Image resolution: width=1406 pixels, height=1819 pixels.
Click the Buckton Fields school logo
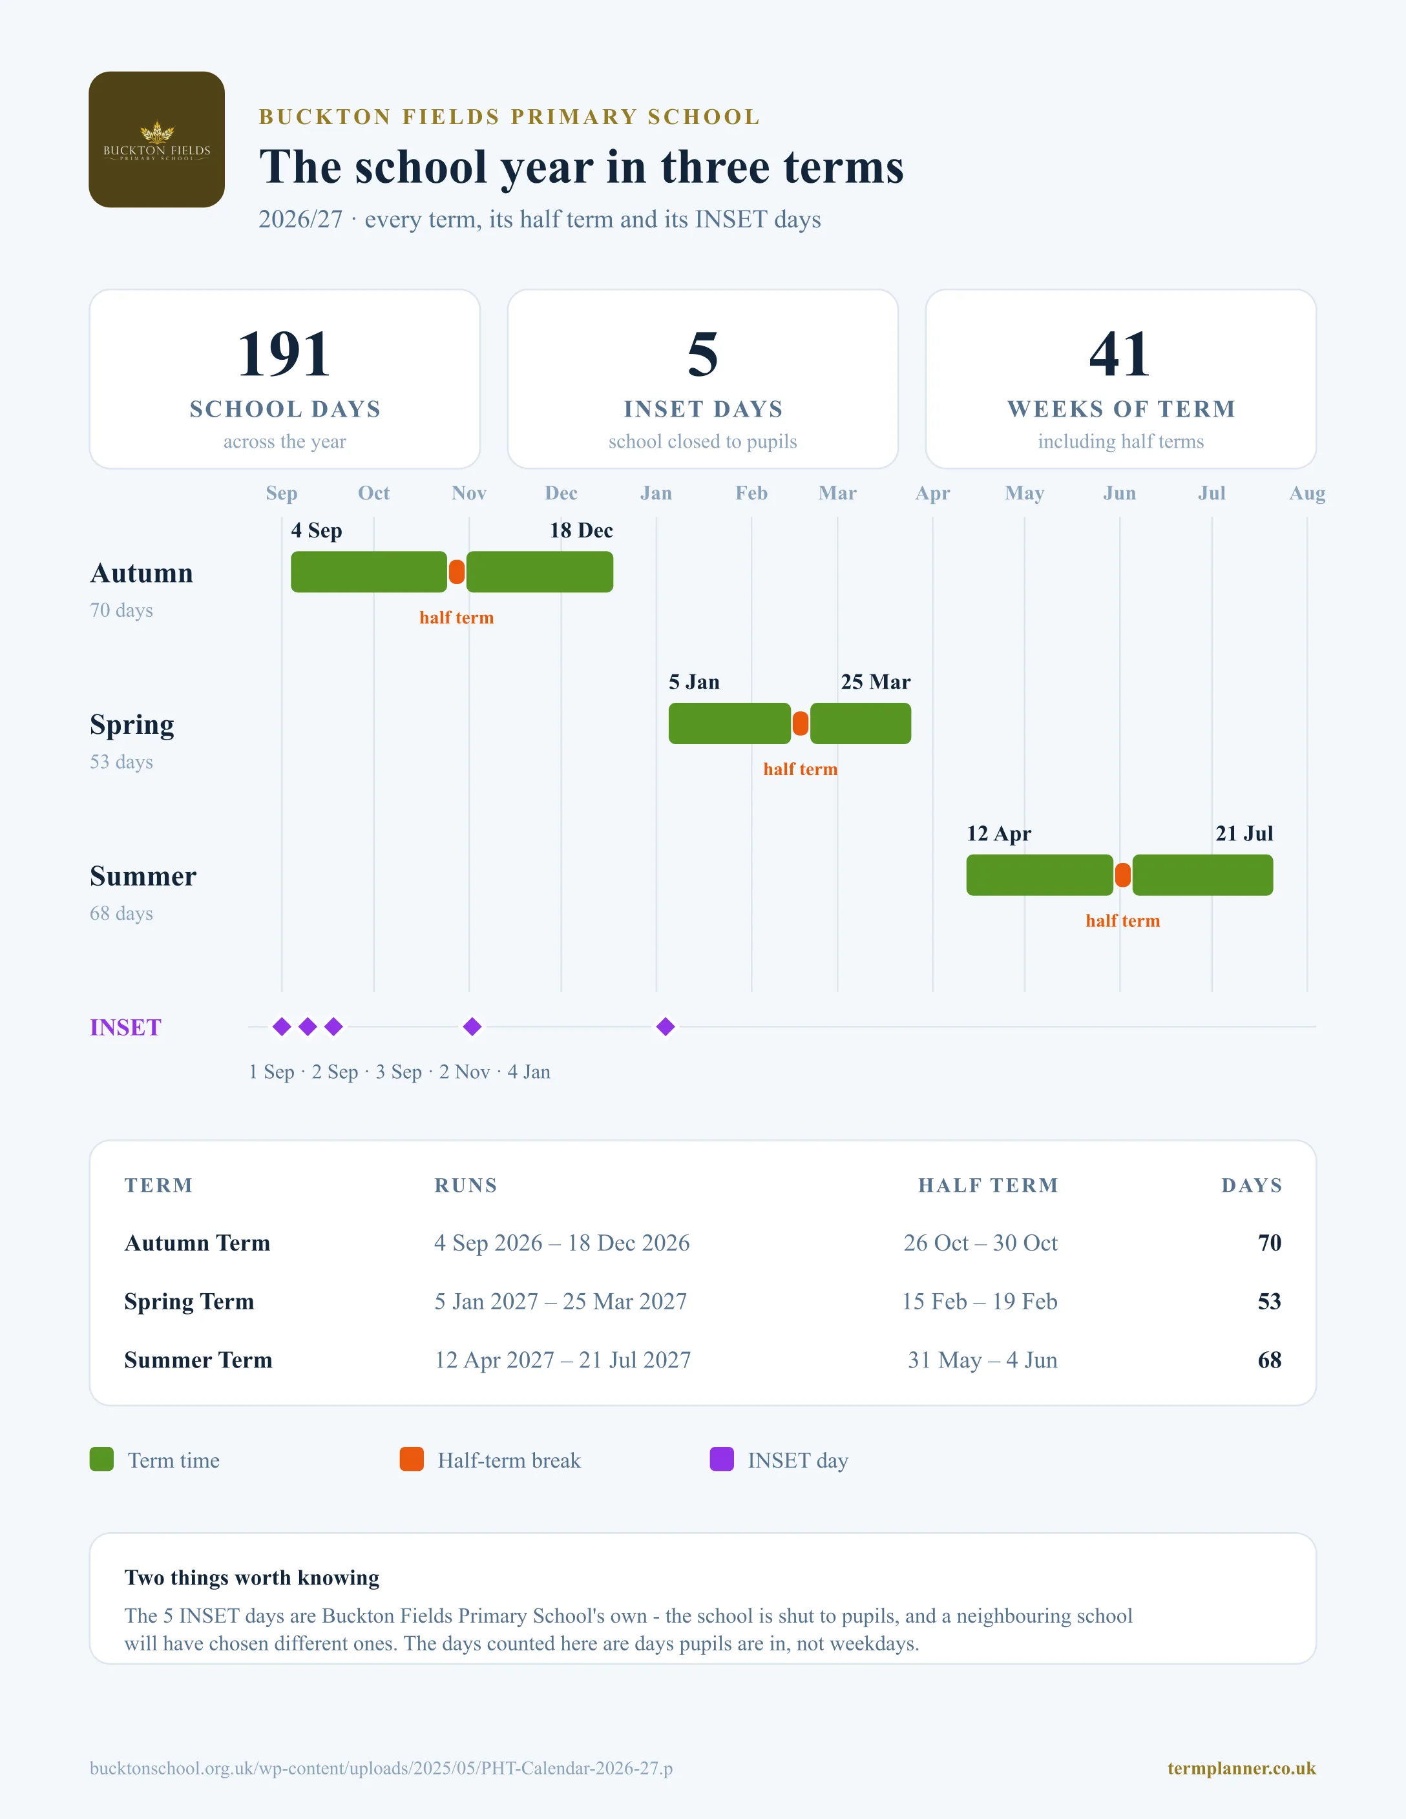156,139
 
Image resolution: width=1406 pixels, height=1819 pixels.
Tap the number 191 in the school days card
284,354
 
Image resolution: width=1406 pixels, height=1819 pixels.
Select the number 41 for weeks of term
1120,354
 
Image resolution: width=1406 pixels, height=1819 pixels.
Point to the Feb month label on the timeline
751,493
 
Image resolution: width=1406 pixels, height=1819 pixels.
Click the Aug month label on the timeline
1307,493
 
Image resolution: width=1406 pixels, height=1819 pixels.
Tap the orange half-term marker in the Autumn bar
456,572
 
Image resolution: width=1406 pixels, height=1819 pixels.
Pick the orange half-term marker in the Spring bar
801,723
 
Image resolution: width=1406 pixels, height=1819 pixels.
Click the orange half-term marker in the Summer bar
1123,875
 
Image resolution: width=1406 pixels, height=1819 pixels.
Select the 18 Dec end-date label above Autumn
582,530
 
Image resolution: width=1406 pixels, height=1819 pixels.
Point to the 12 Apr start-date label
999,834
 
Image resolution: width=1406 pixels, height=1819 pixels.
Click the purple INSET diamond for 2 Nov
472,1027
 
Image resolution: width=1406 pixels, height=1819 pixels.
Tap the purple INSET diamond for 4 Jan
666,1027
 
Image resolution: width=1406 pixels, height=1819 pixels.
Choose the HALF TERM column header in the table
988,1185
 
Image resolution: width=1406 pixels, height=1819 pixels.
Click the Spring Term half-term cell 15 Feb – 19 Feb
980,1301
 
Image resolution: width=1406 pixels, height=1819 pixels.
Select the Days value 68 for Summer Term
1270,1360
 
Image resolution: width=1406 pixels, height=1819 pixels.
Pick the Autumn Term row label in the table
198,1243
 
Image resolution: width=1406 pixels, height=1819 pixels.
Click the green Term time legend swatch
101,1459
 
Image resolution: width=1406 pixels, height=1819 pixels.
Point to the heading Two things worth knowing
251,1577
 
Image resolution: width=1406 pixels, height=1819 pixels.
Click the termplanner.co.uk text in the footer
1242,1768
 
